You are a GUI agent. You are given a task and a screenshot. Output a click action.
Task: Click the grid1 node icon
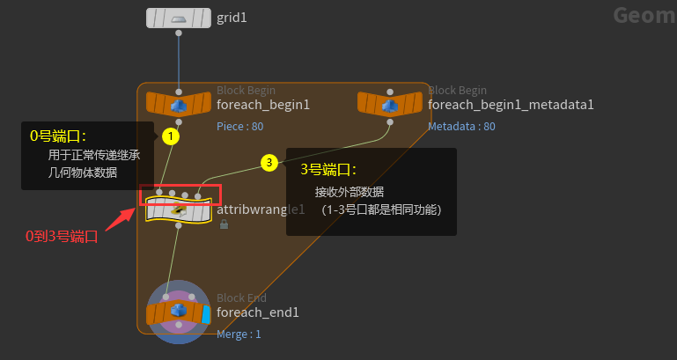pyautogui.click(x=179, y=18)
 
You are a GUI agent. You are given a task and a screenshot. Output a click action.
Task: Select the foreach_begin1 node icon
pyautogui.click(x=179, y=104)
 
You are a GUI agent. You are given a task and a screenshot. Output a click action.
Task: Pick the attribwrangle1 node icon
pyautogui.click(x=179, y=209)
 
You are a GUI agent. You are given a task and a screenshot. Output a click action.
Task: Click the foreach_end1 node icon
pyautogui.click(x=179, y=312)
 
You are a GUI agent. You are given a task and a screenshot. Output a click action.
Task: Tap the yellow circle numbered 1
pyautogui.click(x=171, y=136)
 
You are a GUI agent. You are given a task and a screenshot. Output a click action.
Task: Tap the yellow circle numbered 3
pyautogui.click(x=269, y=162)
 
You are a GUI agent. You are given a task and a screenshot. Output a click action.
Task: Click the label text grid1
pyautogui.click(x=232, y=17)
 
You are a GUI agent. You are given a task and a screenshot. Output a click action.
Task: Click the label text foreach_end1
pyautogui.click(x=258, y=312)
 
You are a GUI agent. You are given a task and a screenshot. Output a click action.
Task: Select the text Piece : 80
pyautogui.click(x=239, y=126)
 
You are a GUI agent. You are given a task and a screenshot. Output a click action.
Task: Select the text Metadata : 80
pyautogui.click(x=461, y=126)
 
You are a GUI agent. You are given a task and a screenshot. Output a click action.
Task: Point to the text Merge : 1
pyautogui.click(x=239, y=334)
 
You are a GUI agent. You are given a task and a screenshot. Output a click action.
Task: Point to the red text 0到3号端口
pyautogui.click(x=61, y=236)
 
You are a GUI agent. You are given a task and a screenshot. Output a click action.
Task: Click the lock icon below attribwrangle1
pyautogui.click(x=224, y=225)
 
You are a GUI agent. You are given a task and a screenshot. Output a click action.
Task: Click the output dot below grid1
pyautogui.click(x=179, y=33)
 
